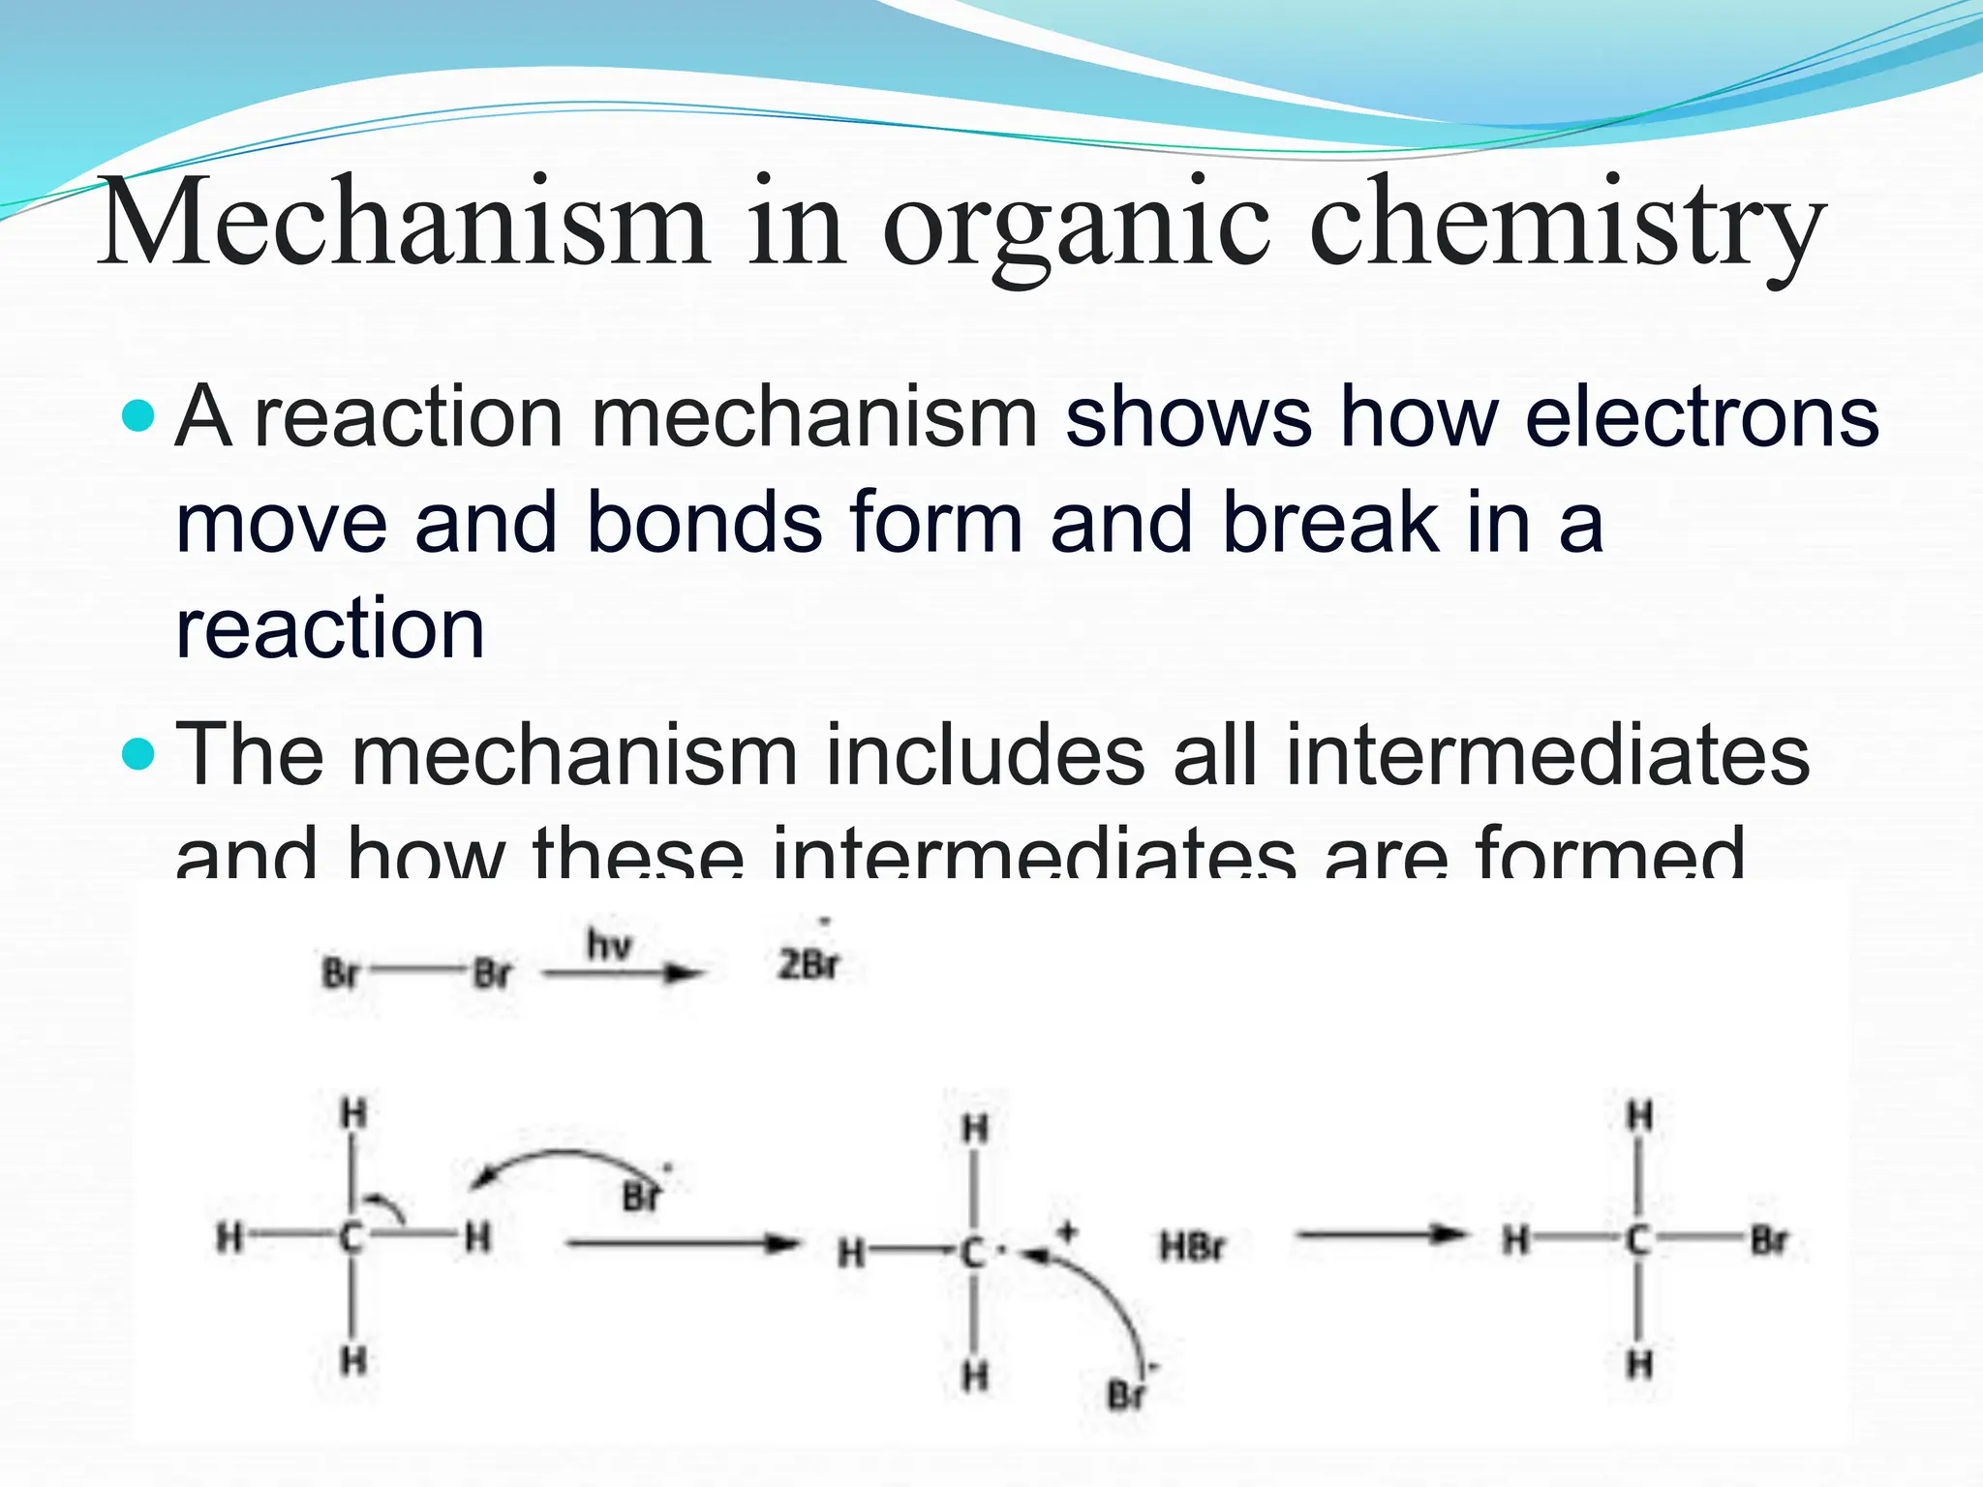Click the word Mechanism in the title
[405, 225]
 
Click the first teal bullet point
[139, 417]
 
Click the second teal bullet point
[139, 753]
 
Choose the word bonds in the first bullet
[704, 523]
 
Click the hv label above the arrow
[609, 944]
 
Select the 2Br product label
[809, 964]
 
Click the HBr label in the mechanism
[1192, 1247]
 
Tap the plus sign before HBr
[1067, 1232]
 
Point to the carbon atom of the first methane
[351, 1237]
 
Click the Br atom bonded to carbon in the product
[1768, 1239]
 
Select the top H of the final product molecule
[1638, 1116]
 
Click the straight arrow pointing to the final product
[1380, 1234]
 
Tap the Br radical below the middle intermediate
[1125, 1395]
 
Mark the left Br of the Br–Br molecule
[340, 973]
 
